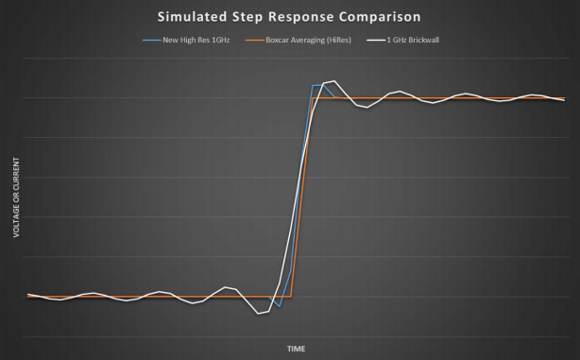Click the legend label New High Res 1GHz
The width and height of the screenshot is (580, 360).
click(196, 40)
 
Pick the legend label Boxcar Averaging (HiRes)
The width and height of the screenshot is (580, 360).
click(308, 40)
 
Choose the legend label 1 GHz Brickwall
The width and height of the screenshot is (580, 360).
click(413, 40)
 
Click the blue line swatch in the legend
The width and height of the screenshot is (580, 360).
click(152, 40)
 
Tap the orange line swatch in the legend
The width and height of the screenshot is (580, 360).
click(254, 40)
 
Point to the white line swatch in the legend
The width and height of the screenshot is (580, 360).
click(376, 40)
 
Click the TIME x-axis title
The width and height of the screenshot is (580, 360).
click(297, 349)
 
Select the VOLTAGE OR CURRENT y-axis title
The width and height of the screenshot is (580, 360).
click(16, 197)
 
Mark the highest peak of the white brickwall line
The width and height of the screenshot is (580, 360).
click(334, 80)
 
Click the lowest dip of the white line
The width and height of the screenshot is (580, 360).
click(258, 314)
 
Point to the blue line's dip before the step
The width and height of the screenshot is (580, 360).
click(280, 306)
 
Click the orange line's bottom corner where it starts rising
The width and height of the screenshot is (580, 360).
click(291, 297)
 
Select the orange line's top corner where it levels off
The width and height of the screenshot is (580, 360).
click(313, 98)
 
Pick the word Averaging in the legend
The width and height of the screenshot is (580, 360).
click(305, 41)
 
